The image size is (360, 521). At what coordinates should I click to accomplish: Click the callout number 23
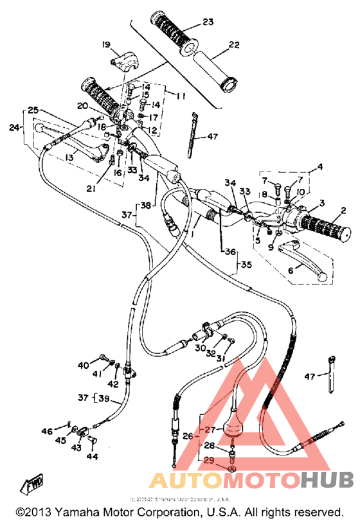coord(208,22)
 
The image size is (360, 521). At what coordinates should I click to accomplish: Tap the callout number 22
coord(233,44)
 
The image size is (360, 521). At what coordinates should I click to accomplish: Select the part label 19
coord(105,44)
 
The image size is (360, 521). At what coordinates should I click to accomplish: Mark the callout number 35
coord(246,264)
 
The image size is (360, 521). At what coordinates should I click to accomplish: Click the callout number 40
coord(84,366)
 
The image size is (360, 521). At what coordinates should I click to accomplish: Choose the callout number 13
coord(67,158)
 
